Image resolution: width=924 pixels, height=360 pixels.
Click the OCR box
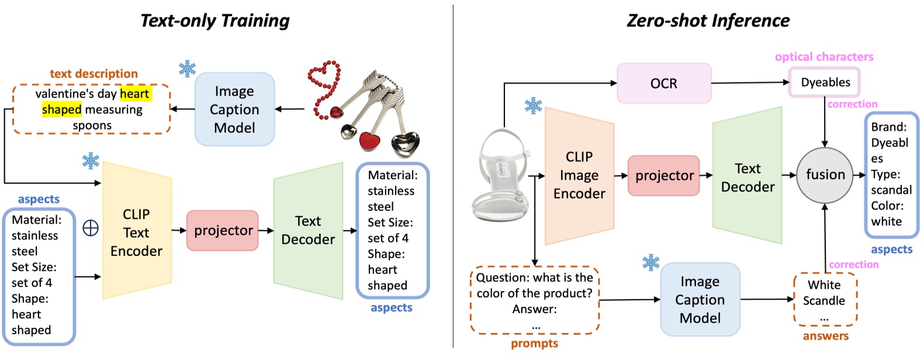coord(663,84)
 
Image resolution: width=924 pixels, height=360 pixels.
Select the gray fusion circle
coord(825,174)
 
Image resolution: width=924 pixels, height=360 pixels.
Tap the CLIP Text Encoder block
coord(137,232)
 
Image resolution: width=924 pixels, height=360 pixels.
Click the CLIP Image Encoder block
coord(579,175)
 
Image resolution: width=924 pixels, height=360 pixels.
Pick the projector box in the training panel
coord(223,230)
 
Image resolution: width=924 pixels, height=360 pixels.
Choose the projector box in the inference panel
coord(664,175)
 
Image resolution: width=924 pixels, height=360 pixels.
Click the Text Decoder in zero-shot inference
coord(747,177)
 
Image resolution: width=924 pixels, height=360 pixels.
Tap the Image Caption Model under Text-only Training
coord(234,109)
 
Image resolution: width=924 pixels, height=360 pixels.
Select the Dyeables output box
coord(825,82)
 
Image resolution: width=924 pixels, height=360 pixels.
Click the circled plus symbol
coord(91,228)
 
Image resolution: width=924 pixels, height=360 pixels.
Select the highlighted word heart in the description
coord(135,94)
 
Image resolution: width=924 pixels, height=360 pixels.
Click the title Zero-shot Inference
coord(708,21)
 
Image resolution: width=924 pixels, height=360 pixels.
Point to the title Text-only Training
coord(215,21)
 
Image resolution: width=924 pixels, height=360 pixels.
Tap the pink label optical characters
coord(823,57)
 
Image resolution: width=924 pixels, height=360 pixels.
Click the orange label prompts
coord(534,344)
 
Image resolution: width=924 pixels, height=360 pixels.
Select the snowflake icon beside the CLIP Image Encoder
coord(533,106)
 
